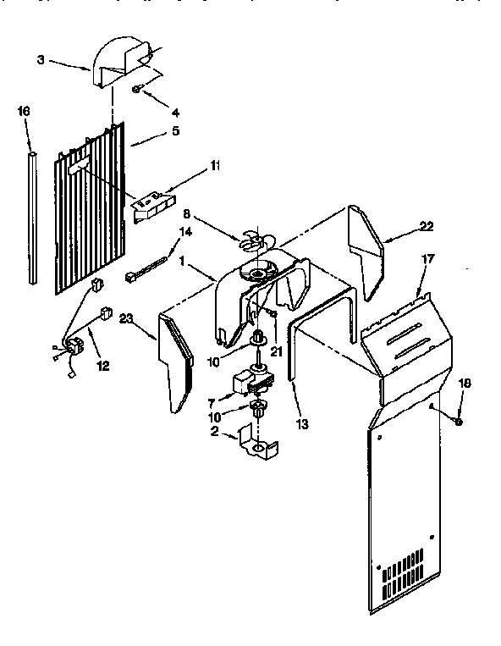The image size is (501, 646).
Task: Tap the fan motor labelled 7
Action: click(254, 380)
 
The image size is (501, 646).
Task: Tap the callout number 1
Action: click(183, 262)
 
